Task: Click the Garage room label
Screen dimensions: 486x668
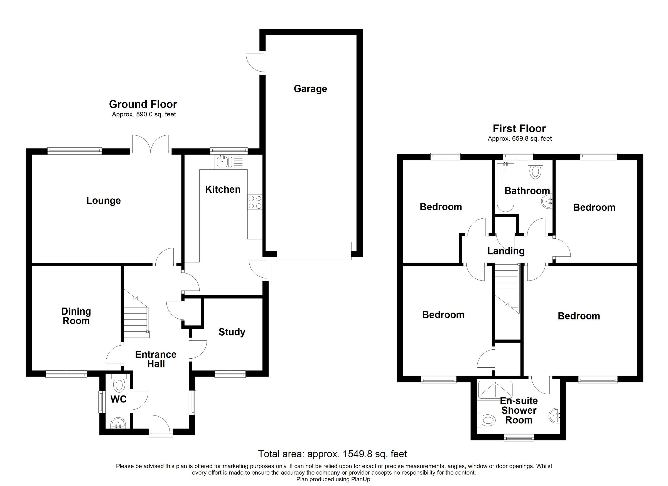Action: [310, 89]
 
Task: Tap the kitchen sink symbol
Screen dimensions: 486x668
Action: [222, 162]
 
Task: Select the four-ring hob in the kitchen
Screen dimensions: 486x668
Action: [255, 202]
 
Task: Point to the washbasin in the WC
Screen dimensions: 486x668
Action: [119, 424]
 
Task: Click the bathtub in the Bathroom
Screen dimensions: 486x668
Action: [506, 187]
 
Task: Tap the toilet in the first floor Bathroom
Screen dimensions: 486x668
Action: [535, 171]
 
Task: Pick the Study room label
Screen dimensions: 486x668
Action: [232, 332]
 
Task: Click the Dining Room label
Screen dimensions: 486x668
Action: [76, 316]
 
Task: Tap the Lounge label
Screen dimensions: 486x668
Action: [103, 201]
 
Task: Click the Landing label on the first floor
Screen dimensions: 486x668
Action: [506, 251]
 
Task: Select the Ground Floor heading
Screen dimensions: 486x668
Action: [143, 104]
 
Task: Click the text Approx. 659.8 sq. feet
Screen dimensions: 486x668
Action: [520, 138]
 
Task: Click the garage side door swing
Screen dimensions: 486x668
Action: [253, 62]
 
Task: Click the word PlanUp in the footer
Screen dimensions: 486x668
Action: [361, 479]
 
